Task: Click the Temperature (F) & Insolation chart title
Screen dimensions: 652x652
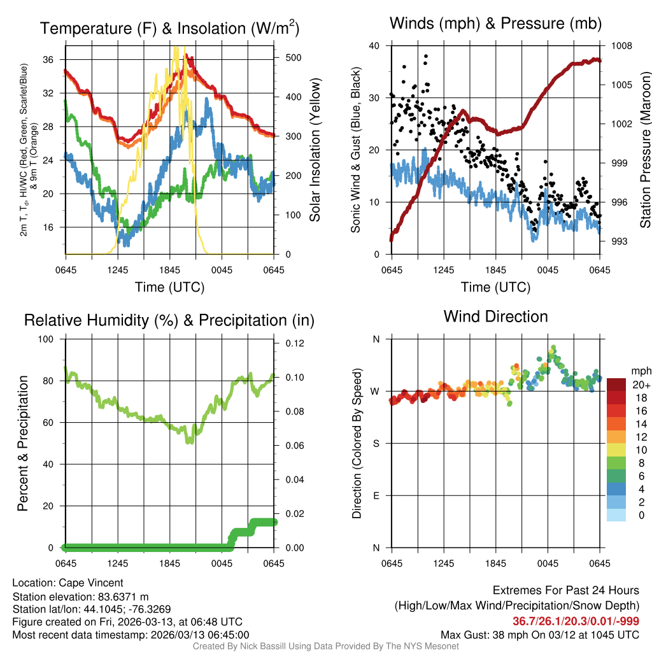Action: click(169, 29)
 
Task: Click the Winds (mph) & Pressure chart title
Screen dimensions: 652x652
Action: click(495, 24)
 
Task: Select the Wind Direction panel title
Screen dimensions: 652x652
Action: click(495, 316)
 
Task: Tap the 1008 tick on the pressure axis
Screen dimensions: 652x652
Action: click(621, 46)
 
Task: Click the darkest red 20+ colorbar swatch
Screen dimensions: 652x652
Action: click(616, 384)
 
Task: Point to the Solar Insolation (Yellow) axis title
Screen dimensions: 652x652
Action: click(315, 150)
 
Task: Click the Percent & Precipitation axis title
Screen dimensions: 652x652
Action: click(22, 443)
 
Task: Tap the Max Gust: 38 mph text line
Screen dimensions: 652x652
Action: click(540, 635)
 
